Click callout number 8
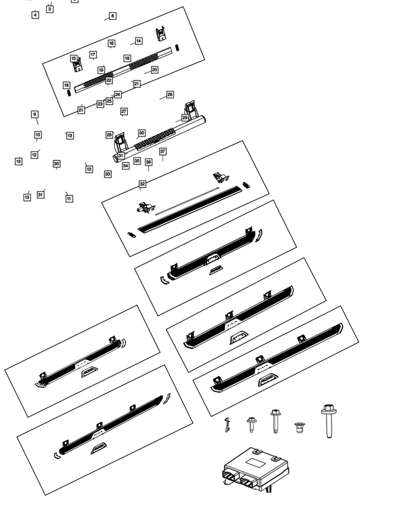112,16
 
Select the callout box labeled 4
35,15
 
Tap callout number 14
139,41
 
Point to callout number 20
154,70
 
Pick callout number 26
170,95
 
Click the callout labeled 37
163,151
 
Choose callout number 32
142,184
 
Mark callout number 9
35,114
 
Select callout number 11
69,199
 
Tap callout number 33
108,174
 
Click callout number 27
124,111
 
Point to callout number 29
185,117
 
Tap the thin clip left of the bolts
227,424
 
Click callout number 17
93,55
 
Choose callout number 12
34,155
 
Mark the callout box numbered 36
148,162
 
